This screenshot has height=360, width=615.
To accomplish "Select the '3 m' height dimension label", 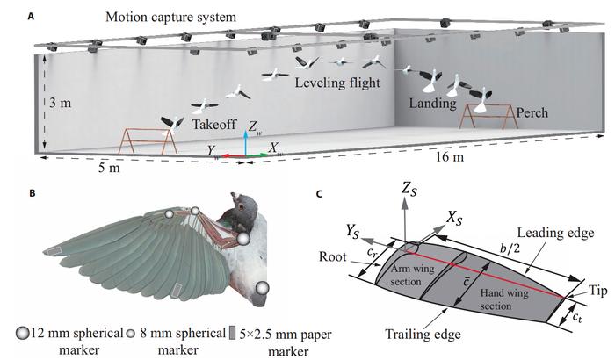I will point(61,102).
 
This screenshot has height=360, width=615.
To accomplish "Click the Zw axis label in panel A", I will point(254,126).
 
